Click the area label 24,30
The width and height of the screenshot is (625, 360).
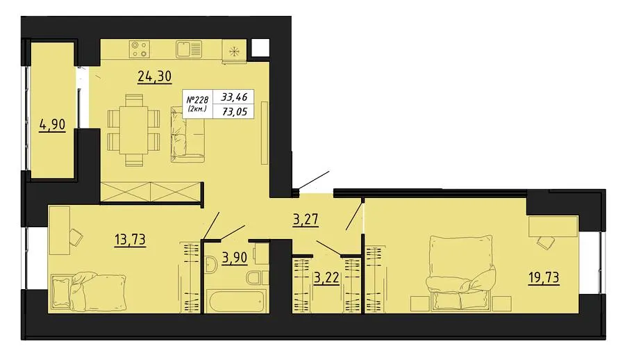(x=155, y=76)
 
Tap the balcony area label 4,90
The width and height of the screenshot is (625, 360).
(x=52, y=125)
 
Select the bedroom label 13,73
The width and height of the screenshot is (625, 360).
(x=130, y=240)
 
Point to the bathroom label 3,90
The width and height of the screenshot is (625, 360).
(x=235, y=258)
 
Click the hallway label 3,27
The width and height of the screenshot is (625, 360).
(x=306, y=220)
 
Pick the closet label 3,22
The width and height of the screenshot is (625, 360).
(x=326, y=277)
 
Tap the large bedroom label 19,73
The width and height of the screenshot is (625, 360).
(x=544, y=277)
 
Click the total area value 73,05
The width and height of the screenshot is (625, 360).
(x=235, y=112)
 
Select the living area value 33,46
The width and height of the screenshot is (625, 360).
(x=235, y=97)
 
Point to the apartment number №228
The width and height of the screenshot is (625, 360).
(x=197, y=99)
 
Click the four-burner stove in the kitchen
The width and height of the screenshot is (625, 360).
(x=140, y=49)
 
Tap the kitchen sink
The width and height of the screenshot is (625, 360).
(x=188, y=49)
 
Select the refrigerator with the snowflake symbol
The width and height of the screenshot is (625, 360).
(x=235, y=51)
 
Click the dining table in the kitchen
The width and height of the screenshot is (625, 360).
(x=134, y=130)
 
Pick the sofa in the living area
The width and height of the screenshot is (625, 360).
(x=187, y=134)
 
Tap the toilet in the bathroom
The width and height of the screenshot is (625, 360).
(x=258, y=277)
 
